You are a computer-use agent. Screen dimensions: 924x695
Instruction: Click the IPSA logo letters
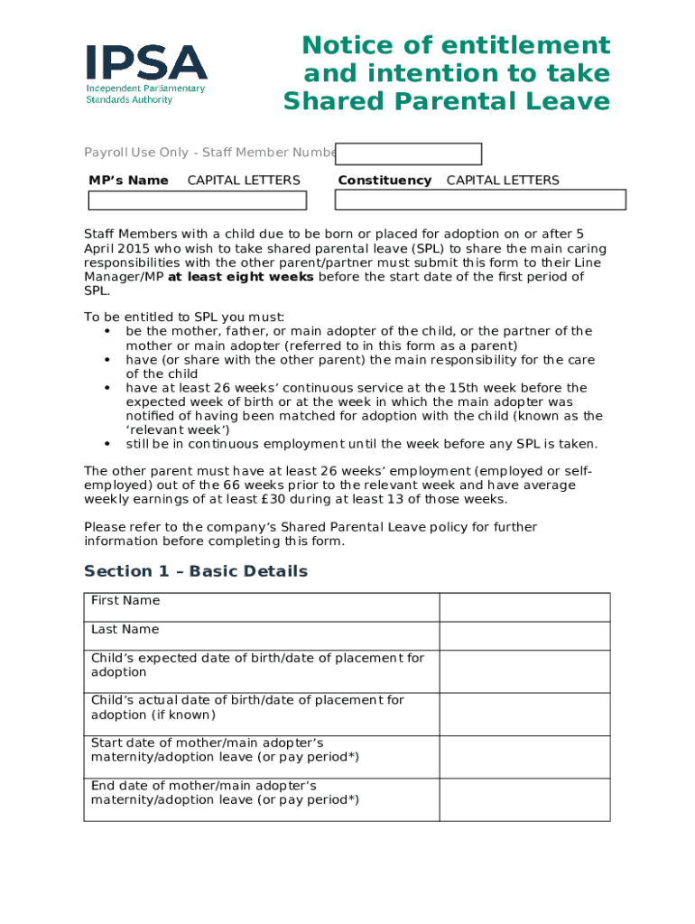coord(146,62)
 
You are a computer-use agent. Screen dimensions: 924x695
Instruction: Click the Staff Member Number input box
coord(408,154)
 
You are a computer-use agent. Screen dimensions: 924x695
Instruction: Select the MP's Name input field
coord(203,199)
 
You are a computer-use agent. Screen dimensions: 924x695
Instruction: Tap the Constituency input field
coord(480,199)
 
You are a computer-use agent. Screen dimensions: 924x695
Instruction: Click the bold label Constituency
coord(385,180)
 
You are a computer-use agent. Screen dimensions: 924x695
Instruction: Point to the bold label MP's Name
coord(128,180)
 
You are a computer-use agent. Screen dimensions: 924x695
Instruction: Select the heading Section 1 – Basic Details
coord(196,571)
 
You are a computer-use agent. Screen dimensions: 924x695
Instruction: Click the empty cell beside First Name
coord(524,607)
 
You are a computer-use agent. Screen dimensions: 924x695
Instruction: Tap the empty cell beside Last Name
coord(524,636)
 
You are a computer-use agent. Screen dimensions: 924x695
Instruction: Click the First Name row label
coord(125,601)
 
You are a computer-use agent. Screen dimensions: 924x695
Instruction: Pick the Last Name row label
coord(125,630)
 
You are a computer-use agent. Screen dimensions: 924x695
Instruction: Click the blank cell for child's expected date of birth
coord(524,671)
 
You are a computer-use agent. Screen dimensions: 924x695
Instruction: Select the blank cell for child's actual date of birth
coord(524,714)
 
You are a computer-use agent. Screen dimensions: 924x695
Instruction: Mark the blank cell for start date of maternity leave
coord(524,756)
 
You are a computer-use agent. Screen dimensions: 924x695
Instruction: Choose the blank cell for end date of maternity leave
coord(524,799)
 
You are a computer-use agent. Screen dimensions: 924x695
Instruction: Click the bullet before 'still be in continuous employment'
coord(107,444)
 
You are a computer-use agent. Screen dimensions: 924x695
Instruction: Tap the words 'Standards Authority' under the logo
coord(129,99)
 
